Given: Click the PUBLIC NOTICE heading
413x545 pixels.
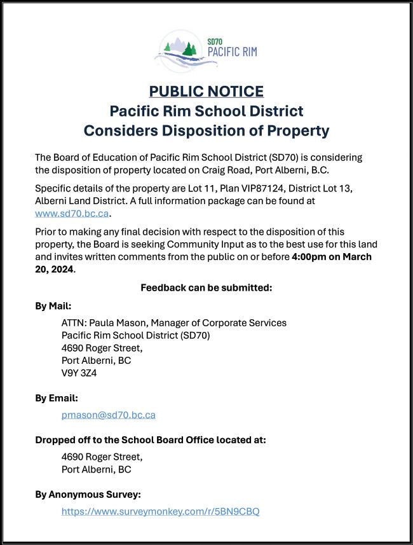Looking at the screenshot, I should point(207,92).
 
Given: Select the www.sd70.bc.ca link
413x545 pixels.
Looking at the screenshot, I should point(72,213).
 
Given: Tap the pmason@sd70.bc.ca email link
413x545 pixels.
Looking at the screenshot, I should point(108,415).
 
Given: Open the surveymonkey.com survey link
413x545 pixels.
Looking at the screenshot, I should point(160,511).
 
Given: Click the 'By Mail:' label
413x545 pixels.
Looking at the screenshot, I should point(53,305).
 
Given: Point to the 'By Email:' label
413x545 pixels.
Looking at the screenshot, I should point(56,398).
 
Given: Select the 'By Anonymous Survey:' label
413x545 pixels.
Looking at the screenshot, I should point(88,494).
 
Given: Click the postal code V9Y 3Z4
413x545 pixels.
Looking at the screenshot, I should point(79,373).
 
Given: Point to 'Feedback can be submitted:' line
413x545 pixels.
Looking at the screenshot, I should point(207,287).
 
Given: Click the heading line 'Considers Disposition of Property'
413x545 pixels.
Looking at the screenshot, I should point(207,131).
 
